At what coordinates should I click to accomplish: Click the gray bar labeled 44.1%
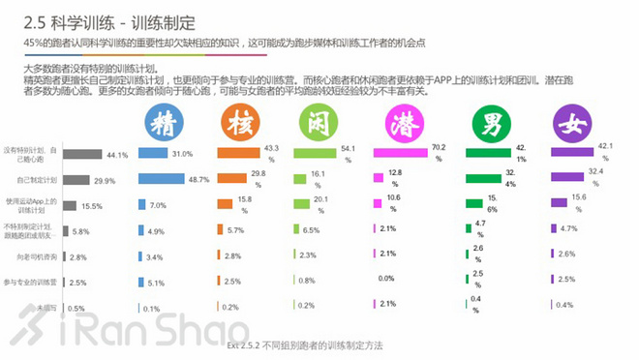89,154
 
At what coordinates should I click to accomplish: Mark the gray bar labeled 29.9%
83,180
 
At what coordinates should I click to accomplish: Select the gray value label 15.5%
93,206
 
